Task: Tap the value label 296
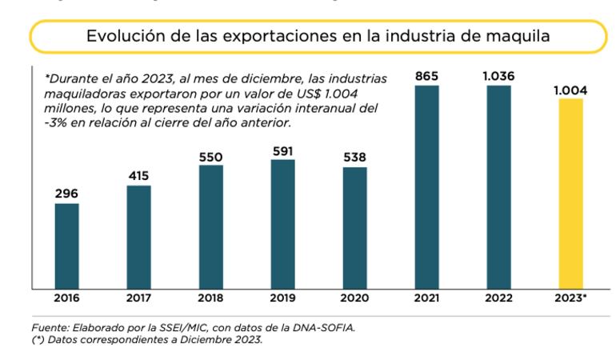(66, 194)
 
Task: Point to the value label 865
(426, 76)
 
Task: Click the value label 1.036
(498, 76)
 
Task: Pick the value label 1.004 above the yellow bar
(570, 90)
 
